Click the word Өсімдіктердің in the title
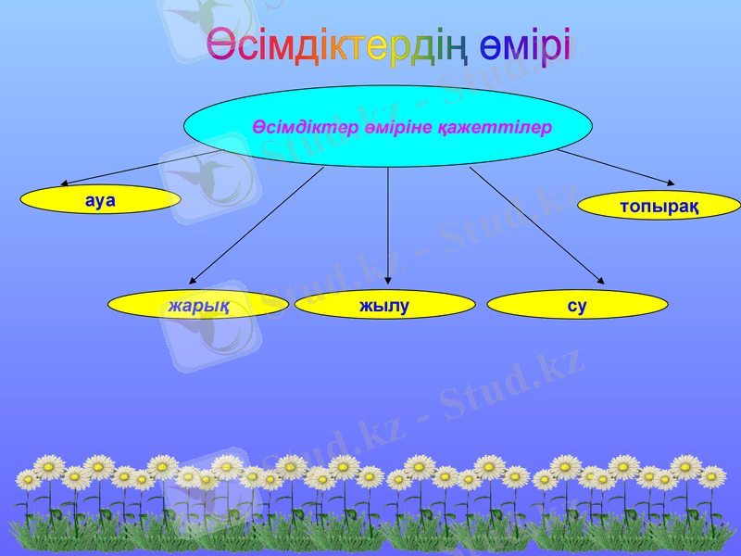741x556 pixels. (336, 46)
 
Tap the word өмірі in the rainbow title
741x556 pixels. (525, 46)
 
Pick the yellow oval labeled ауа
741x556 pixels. (100, 199)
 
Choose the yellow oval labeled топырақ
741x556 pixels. (659, 206)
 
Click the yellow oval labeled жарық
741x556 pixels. (198, 305)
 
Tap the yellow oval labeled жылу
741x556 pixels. (384, 305)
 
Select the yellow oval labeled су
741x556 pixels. (577, 305)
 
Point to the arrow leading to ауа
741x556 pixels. (139, 168)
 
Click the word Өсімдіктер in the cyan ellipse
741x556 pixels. (295, 127)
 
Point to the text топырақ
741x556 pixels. (659, 206)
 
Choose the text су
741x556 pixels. (577, 305)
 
